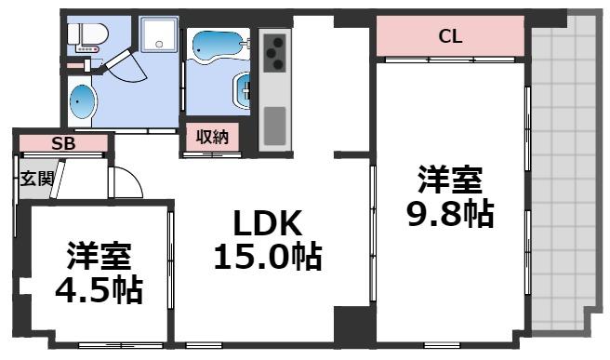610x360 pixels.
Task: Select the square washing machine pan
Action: [159, 37]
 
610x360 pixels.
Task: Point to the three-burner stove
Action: [273, 52]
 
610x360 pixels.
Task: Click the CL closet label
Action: [451, 37]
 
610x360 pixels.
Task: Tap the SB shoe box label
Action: [63, 143]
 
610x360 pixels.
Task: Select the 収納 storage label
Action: [212, 137]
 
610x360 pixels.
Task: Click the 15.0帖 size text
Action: [268, 255]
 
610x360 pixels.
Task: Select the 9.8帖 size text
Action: [450, 214]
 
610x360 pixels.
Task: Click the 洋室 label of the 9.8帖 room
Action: [450, 178]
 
